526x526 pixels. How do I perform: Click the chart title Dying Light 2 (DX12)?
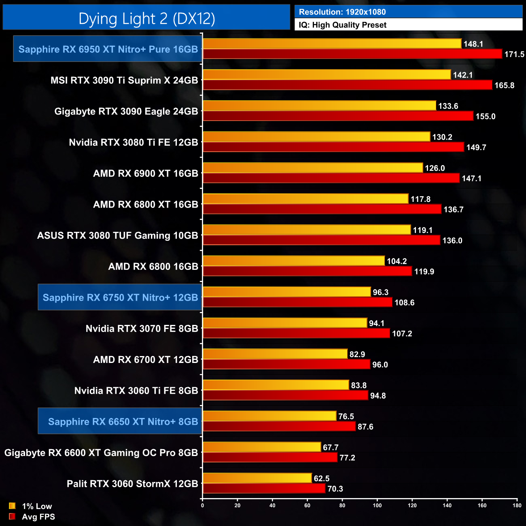point(146,19)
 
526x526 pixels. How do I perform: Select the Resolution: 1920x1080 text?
point(342,12)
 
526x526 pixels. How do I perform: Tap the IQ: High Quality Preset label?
point(342,25)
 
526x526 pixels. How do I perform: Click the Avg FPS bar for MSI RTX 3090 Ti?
point(347,85)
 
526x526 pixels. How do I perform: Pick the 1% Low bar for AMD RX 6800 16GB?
point(293,261)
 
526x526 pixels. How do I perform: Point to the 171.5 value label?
point(514,54)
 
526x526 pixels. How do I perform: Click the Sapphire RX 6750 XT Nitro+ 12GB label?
point(120,298)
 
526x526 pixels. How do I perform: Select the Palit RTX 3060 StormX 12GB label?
point(132,484)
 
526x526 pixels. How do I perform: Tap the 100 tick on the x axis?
point(377,505)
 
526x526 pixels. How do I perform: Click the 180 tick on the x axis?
point(517,505)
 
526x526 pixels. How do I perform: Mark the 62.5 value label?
point(322,479)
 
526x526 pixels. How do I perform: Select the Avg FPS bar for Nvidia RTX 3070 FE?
point(296,333)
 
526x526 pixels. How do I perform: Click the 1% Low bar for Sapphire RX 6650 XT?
point(269,416)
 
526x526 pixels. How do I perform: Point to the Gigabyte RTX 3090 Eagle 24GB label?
point(126,112)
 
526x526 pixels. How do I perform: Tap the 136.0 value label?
point(452,241)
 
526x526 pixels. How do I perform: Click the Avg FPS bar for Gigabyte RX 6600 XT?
point(270,458)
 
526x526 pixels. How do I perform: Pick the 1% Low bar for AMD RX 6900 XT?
point(313,168)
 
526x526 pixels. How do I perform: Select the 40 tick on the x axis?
point(272,505)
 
